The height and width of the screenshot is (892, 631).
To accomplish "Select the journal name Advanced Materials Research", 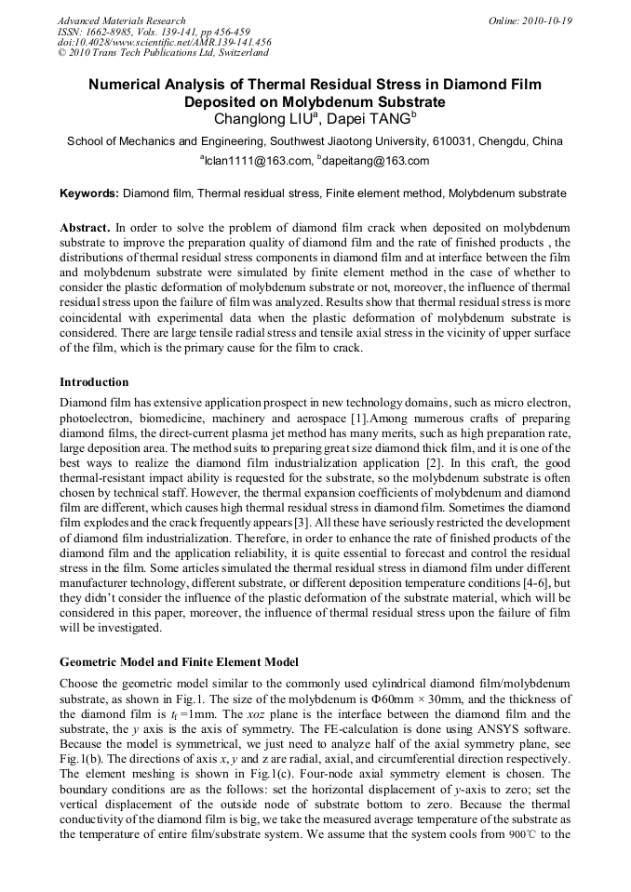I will click(x=121, y=20).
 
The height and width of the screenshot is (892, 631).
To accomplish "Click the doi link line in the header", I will click(x=164, y=43).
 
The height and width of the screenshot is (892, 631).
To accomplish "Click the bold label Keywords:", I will click(x=89, y=194).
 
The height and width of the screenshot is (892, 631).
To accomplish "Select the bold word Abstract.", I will click(x=86, y=228).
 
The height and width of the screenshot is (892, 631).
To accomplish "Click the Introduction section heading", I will click(x=94, y=382).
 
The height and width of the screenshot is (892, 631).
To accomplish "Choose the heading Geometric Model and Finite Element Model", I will click(x=179, y=662).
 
